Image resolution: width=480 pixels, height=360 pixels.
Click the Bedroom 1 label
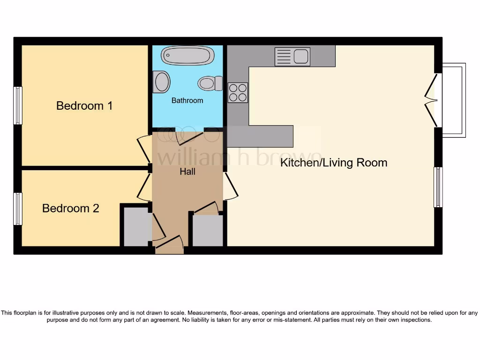click(x=84, y=105)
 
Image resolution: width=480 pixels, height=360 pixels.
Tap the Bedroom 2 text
click(x=70, y=208)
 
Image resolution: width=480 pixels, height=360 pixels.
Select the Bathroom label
click(x=187, y=100)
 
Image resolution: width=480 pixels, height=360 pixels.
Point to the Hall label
click(x=187, y=172)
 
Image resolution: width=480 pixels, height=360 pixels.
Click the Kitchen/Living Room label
click(x=333, y=163)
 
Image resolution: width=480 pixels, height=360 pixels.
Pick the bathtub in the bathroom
click(x=187, y=56)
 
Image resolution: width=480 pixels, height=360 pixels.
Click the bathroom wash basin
click(x=161, y=82)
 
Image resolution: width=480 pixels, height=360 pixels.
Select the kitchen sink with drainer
click(x=292, y=57)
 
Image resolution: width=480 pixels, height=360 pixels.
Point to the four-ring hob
click(x=238, y=92)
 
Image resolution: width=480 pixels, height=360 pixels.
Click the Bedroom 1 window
click(x=18, y=105)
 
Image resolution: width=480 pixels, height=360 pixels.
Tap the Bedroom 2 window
click(x=18, y=209)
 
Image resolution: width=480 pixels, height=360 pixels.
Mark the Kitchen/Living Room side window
click(x=438, y=187)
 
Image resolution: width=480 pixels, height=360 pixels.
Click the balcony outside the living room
click(x=453, y=100)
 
